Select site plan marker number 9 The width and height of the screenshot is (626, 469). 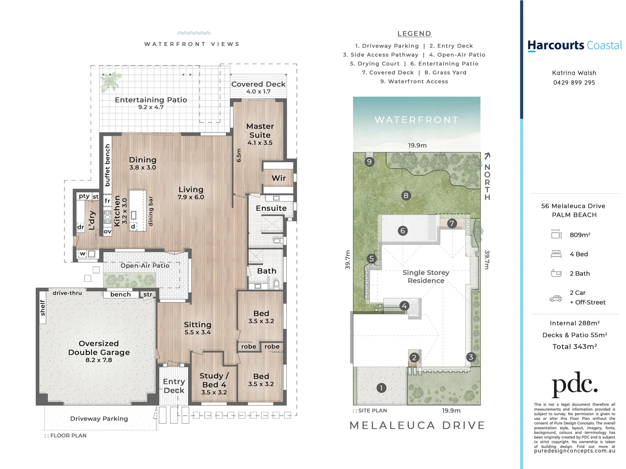coord(369,162)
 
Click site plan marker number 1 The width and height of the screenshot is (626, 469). coord(381,388)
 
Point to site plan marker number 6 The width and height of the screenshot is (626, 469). coord(403,231)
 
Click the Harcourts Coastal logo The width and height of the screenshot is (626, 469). coord(574,46)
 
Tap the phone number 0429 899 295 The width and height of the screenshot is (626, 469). coord(574,83)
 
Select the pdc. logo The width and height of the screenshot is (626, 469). coord(574,384)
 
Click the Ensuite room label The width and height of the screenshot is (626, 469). coord(271,208)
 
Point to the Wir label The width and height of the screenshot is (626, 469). coord(278,178)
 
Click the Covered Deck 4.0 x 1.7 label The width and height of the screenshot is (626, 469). coord(258,87)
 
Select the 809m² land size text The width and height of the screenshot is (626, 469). coord(580,235)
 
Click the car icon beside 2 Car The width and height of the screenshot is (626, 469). coord(556,298)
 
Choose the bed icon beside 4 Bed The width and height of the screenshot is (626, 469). coord(556,254)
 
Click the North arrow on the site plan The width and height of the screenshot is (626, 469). coord(487,156)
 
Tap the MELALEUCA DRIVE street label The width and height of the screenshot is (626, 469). coord(417,426)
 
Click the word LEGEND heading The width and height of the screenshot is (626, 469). coord(414,33)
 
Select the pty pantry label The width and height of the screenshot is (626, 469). coord(84,196)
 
